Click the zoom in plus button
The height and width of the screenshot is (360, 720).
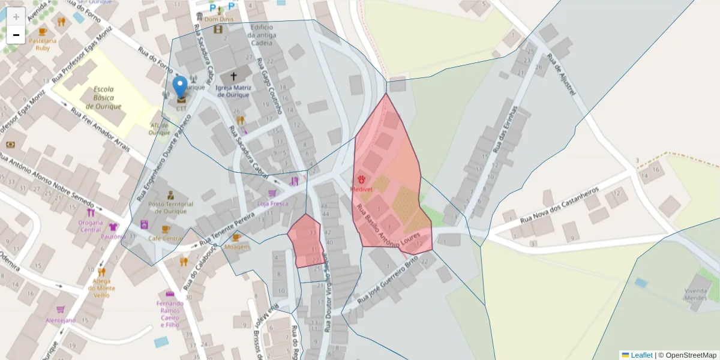(16, 17)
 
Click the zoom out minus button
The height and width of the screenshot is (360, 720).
(16, 35)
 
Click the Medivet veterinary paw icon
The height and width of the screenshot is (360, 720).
(362, 179)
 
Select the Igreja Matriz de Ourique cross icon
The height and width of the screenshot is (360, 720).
(233, 77)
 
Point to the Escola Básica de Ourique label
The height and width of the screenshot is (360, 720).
(103, 98)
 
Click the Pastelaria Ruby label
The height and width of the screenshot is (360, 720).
(43, 44)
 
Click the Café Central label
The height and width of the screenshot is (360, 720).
(165, 238)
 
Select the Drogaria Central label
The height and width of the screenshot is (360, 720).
(90, 226)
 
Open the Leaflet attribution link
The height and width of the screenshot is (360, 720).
(641, 355)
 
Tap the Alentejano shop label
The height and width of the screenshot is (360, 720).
(61, 320)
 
